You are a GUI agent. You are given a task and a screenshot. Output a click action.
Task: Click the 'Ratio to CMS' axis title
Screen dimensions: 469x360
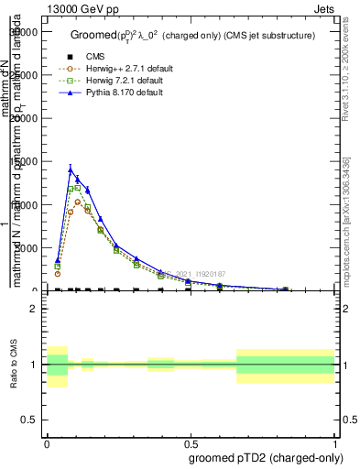15,365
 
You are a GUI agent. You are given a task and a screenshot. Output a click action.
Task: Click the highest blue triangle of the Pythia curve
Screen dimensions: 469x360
71,169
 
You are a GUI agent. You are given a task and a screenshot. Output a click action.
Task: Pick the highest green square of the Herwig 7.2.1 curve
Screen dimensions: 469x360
77,188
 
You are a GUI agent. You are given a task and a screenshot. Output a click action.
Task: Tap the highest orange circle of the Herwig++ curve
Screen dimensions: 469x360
78,202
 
